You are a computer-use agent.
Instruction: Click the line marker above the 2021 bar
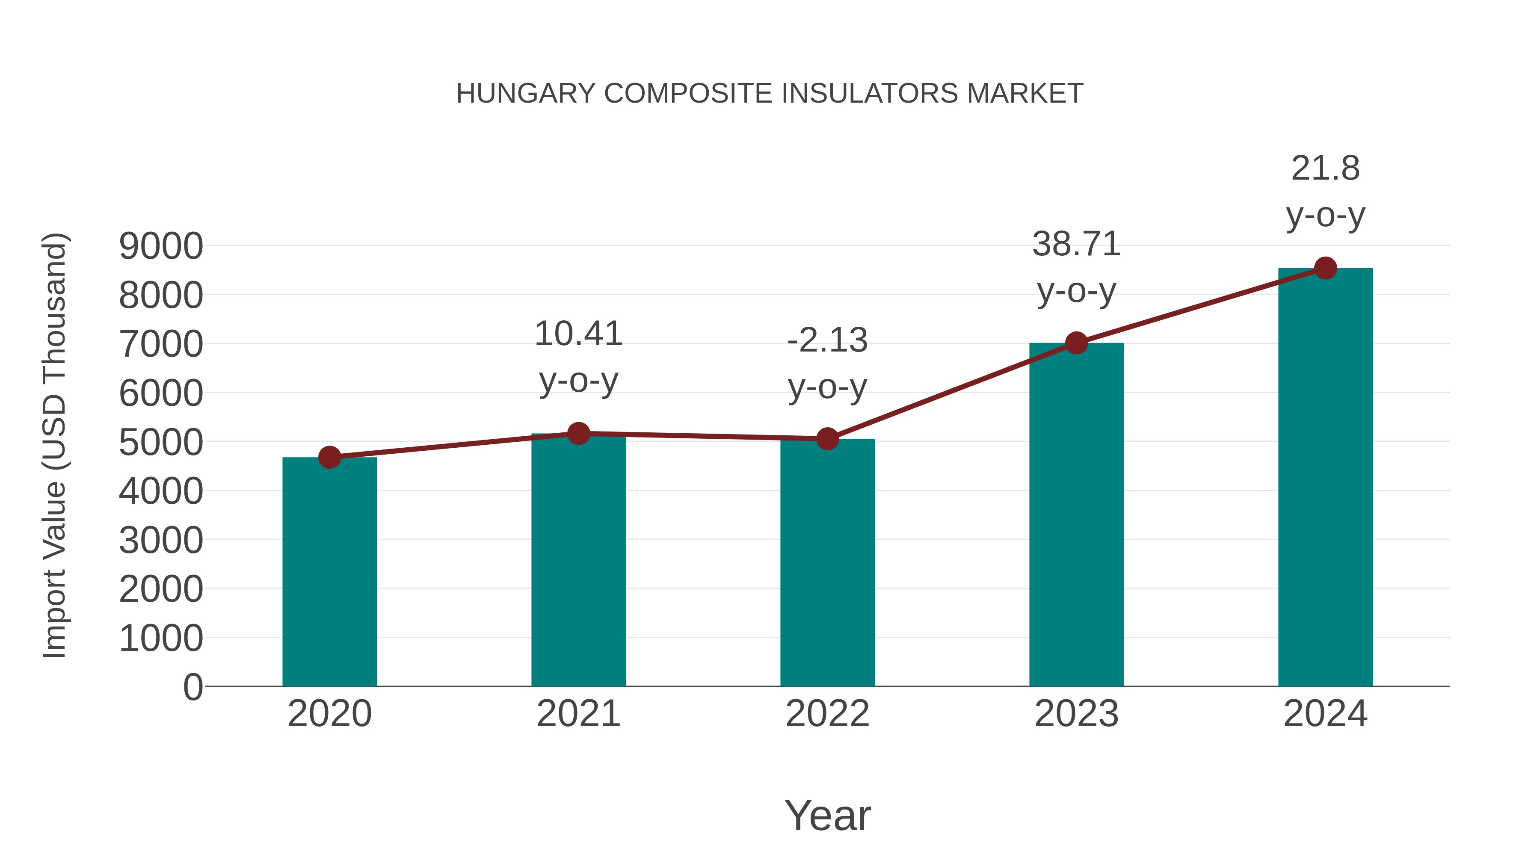click(578, 433)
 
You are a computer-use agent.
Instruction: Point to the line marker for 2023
click(1076, 343)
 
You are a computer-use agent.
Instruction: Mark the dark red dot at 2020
click(329, 457)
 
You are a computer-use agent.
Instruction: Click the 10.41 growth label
click(578, 334)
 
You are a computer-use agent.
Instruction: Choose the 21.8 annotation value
click(1325, 168)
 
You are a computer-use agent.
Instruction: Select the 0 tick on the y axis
click(192, 687)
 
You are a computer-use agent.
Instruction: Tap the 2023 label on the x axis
click(1076, 714)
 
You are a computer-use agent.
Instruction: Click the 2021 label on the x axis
click(578, 714)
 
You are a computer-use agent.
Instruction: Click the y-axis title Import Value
click(54, 445)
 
